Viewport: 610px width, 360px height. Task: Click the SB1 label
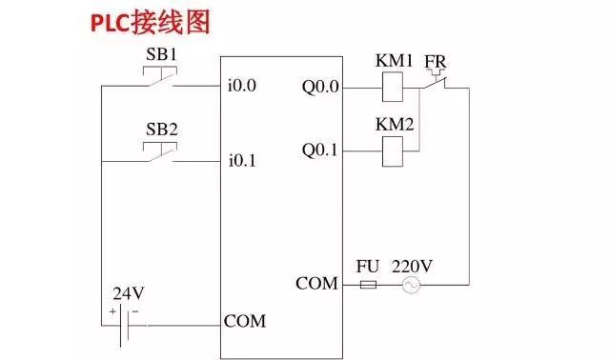click(x=161, y=54)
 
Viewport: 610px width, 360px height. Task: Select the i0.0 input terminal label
click(x=242, y=87)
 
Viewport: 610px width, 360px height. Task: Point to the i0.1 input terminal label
click(x=242, y=161)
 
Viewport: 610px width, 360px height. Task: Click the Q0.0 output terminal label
click(x=320, y=88)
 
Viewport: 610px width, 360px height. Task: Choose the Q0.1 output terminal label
click(x=320, y=150)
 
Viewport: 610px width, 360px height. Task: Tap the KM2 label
click(x=394, y=125)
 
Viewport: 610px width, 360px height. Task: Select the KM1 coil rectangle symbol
click(x=393, y=88)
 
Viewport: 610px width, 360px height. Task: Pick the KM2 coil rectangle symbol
click(x=393, y=149)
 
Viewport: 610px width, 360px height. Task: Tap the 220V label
click(x=412, y=266)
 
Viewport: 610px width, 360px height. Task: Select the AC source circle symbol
click(x=412, y=285)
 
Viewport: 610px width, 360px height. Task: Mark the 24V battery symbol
click(x=125, y=322)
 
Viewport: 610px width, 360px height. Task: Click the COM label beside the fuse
click(x=316, y=283)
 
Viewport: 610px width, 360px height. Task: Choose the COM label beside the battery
click(x=245, y=321)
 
